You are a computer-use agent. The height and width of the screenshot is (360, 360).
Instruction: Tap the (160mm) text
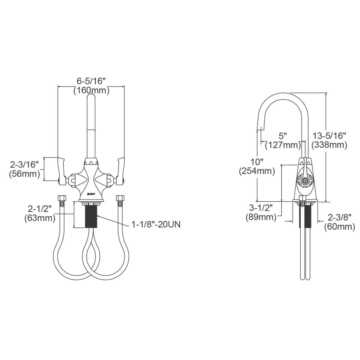pos(91,91)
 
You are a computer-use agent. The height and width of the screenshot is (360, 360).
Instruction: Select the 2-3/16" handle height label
pos(24,165)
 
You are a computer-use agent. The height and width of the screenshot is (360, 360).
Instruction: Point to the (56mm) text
pos(25,174)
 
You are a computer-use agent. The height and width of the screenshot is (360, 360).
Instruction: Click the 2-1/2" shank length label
pos(40,209)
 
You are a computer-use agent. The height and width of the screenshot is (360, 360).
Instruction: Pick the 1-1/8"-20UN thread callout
pos(156,225)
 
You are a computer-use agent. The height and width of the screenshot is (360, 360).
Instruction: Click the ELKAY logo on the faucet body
pos(91,194)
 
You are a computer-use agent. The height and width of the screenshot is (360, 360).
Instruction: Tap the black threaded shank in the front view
pos(91,217)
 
